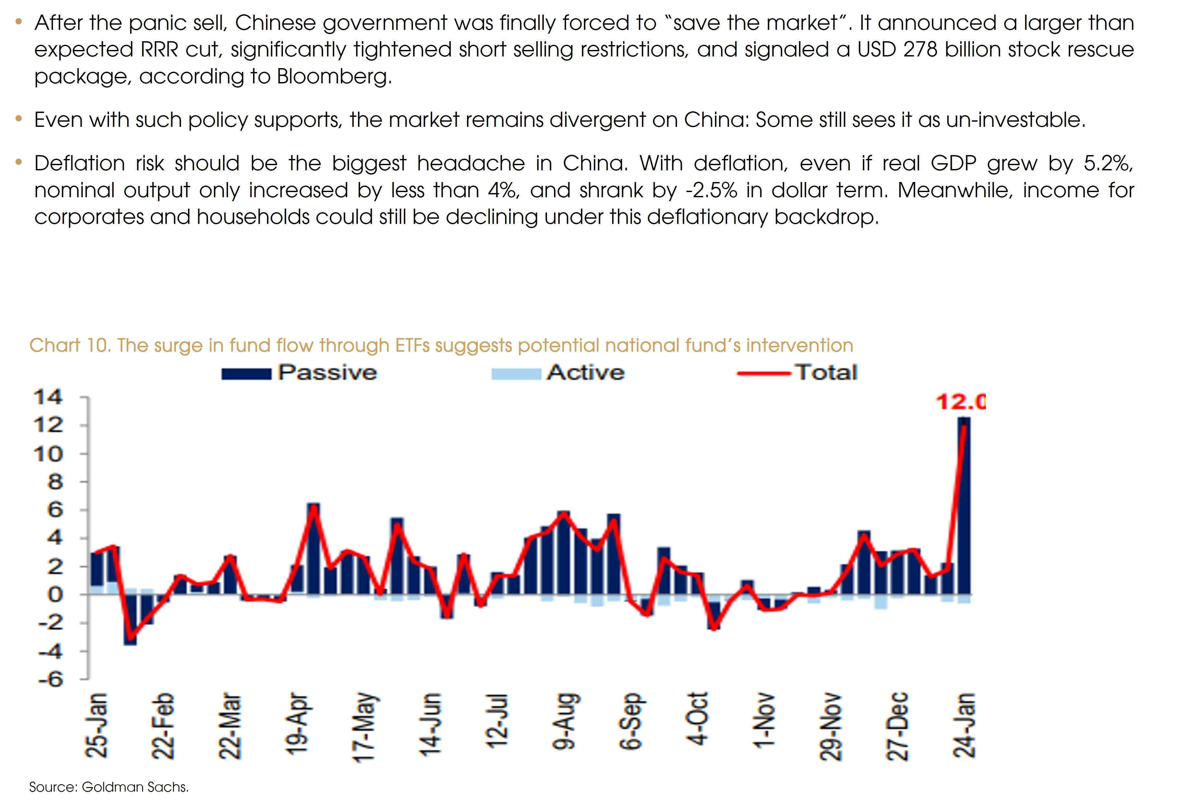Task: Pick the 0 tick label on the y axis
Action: click(55, 595)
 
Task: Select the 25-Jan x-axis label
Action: click(96, 726)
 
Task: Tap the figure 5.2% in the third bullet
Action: click(1108, 164)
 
